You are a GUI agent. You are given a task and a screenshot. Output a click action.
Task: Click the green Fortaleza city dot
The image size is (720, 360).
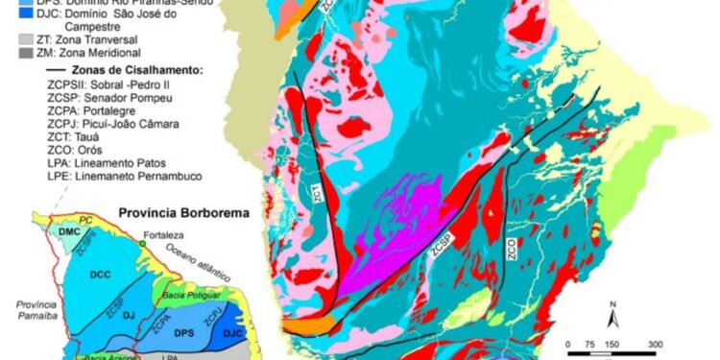coord(142,245)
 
